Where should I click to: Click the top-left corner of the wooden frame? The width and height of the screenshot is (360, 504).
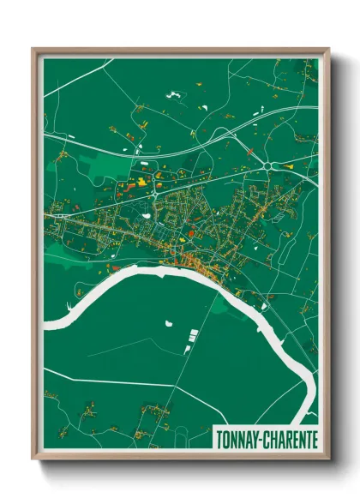tap(33, 49)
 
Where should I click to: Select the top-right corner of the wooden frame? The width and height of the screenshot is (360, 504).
tap(328, 49)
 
